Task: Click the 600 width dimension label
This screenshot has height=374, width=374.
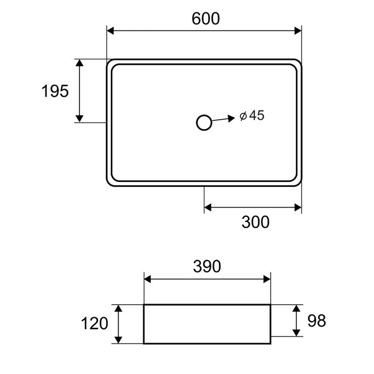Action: (x=206, y=19)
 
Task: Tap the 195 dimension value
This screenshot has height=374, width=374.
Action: (x=55, y=91)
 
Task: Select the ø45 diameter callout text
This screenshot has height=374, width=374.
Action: (x=252, y=115)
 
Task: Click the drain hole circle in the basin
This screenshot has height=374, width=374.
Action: (x=204, y=123)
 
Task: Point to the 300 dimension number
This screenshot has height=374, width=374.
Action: (x=256, y=221)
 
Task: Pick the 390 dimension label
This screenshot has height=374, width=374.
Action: (x=206, y=267)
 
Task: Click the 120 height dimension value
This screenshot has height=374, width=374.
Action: (x=95, y=324)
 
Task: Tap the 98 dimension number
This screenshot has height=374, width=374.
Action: (x=317, y=321)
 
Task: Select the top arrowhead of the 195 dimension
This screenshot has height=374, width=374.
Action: (x=79, y=64)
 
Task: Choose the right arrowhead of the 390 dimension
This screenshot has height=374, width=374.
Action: (x=266, y=279)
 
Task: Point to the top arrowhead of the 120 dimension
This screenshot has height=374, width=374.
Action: (x=117, y=309)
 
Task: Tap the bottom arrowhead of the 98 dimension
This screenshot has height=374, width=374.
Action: (x=295, y=332)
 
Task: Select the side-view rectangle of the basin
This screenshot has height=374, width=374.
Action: (x=207, y=324)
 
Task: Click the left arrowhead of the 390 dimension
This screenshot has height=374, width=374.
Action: (x=148, y=279)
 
